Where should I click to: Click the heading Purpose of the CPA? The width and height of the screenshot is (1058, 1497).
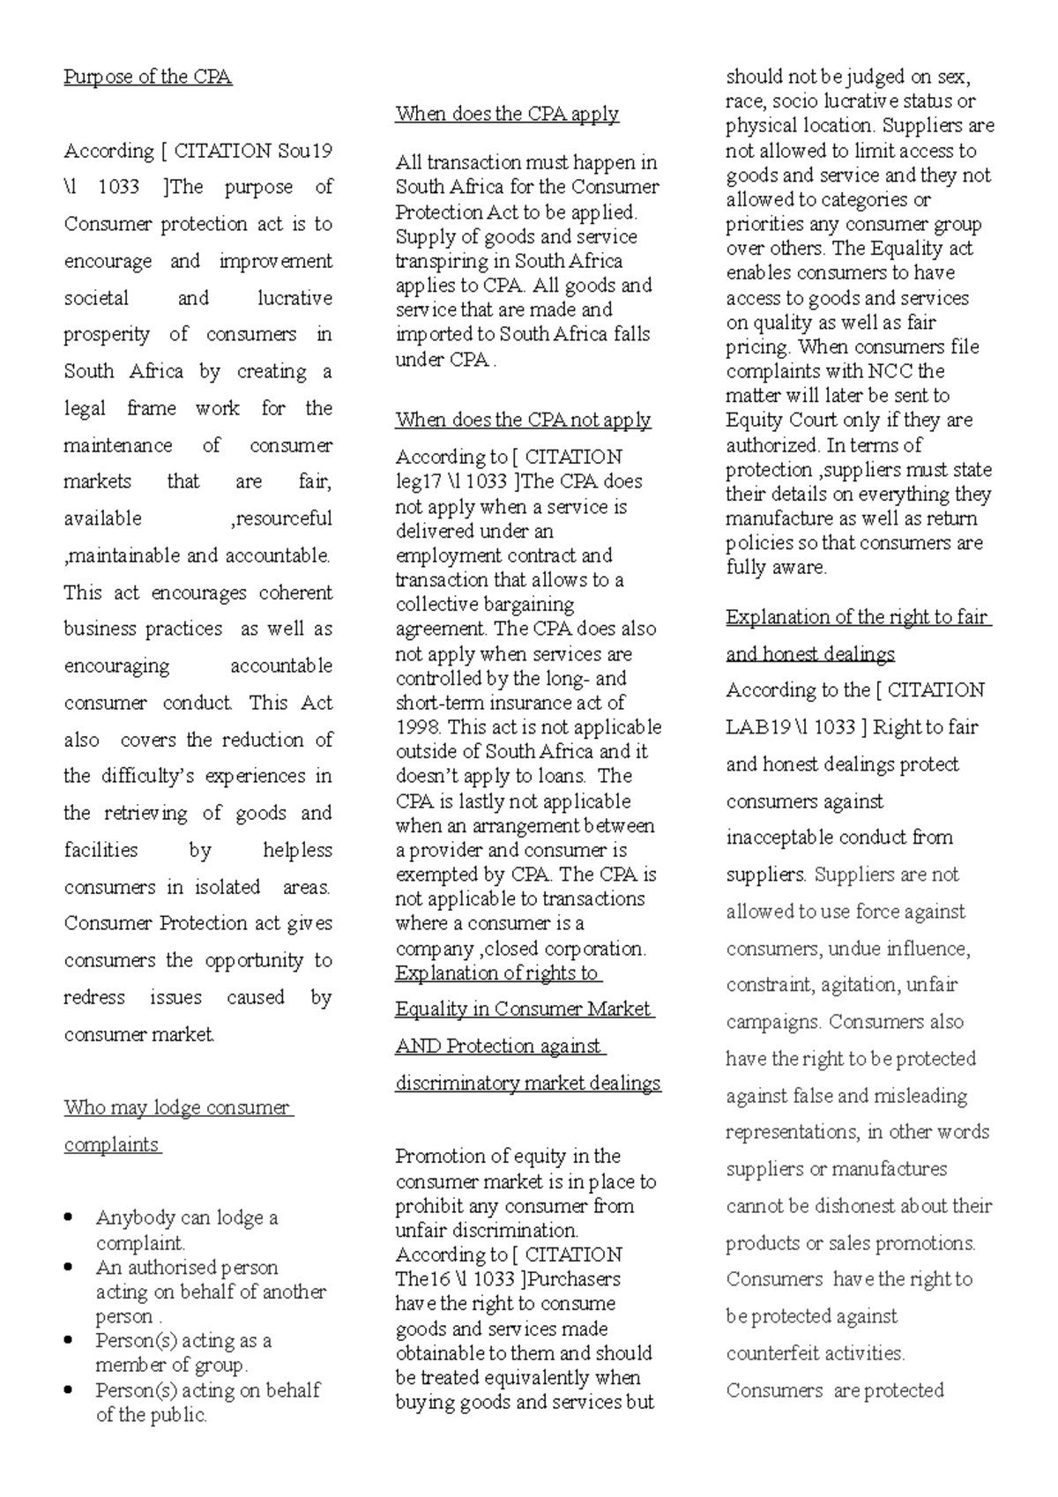(x=147, y=77)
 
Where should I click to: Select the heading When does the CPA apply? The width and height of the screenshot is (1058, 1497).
(x=507, y=114)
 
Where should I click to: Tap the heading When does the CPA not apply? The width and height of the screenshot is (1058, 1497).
(x=523, y=420)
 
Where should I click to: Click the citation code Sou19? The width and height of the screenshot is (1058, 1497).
(x=305, y=151)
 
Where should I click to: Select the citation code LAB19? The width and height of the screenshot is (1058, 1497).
(x=757, y=727)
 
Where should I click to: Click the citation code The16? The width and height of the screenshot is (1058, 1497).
(x=422, y=1279)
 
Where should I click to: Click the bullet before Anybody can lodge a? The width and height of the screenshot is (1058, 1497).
(x=70, y=1218)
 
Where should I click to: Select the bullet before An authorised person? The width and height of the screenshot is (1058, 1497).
(x=70, y=1268)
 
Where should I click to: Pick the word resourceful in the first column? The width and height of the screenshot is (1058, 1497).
(x=282, y=518)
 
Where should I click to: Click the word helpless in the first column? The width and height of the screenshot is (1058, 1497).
(x=297, y=850)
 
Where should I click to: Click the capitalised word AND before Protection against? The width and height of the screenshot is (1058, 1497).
(x=418, y=1046)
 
